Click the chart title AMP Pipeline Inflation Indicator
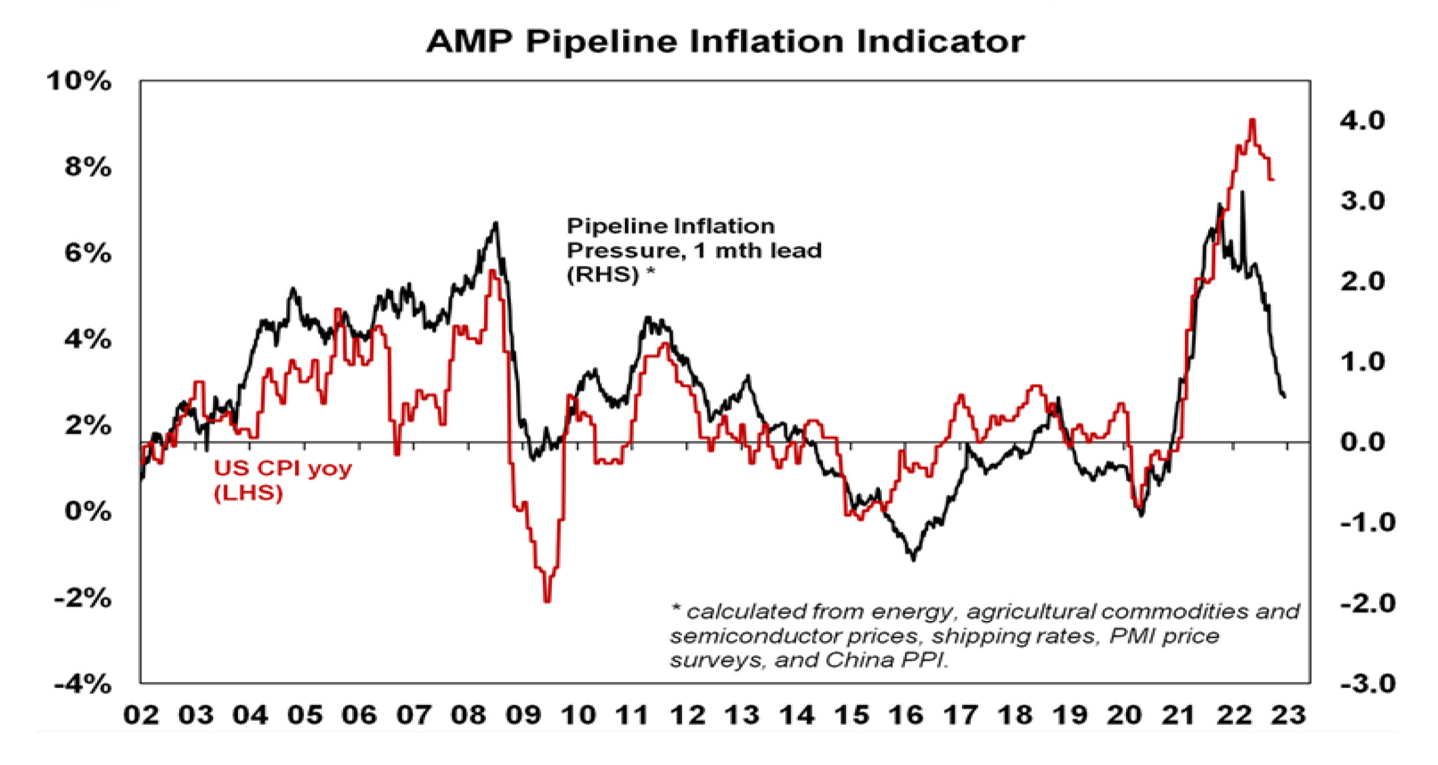(725, 42)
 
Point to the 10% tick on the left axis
(79, 81)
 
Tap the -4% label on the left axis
(83, 684)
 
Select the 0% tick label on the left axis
(88, 511)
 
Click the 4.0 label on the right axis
(1362, 120)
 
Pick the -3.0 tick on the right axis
(1367, 683)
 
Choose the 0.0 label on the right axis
(1362, 442)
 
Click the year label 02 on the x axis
(141, 715)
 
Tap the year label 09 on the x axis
(523, 715)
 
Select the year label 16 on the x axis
(906, 715)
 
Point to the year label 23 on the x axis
(1288, 715)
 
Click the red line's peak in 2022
(1252, 120)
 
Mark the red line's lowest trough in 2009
(547, 601)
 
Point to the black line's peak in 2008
(495, 222)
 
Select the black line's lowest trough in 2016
(913, 559)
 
